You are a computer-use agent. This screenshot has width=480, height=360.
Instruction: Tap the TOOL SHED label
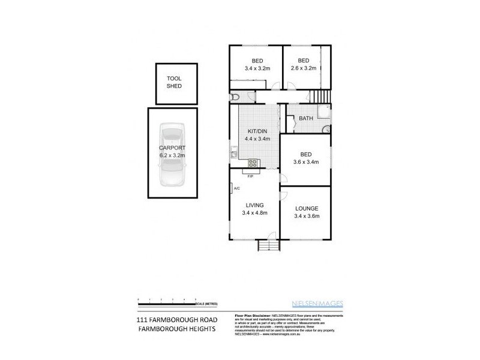[174, 82]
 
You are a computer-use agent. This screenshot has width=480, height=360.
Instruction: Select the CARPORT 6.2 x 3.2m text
[173, 151]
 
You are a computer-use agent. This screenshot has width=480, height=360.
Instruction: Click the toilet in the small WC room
[235, 97]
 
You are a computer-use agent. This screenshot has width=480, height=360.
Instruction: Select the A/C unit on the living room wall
[232, 188]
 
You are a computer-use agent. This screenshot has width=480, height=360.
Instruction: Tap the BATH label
[306, 118]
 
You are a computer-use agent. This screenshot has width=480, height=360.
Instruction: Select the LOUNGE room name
[307, 208]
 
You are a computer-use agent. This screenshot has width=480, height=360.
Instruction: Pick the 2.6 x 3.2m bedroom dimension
[304, 68]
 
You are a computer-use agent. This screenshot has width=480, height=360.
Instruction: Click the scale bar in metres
[168, 299]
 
